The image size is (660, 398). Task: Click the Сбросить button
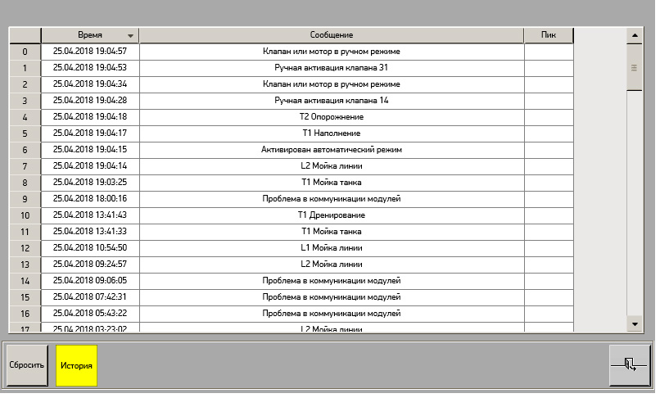pyautogui.click(x=26, y=364)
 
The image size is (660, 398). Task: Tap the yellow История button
pyautogui.click(x=77, y=364)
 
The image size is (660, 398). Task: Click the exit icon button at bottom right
pyautogui.click(x=630, y=364)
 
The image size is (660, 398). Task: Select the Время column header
pyautogui.click(x=90, y=35)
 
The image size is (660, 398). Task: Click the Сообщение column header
pyautogui.click(x=332, y=35)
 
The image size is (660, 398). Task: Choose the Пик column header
pyautogui.click(x=549, y=35)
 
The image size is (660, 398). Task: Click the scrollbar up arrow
pyautogui.click(x=635, y=35)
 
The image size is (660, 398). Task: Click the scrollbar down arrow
pyautogui.click(x=635, y=324)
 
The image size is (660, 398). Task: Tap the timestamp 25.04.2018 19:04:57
pyautogui.click(x=90, y=52)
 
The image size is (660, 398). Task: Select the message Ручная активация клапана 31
pyautogui.click(x=332, y=68)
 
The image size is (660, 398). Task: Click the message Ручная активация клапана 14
pyautogui.click(x=332, y=101)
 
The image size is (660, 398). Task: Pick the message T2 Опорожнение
pyautogui.click(x=332, y=117)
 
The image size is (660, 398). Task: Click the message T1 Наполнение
pyautogui.click(x=332, y=133)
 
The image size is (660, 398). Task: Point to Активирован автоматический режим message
pyautogui.click(x=332, y=150)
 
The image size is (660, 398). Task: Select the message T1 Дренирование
pyautogui.click(x=332, y=215)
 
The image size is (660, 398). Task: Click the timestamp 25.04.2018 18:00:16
pyautogui.click(x=90, y=199)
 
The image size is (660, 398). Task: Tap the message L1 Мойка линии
pyautogui.click(x=332, y=248)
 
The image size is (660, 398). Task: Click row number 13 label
pyautogui.click(x=25, y=265)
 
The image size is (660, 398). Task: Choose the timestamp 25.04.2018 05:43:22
pyautogui.click(x=90, y=314)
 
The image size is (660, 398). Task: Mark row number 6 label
pyautogui.click(x=25, y=150)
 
